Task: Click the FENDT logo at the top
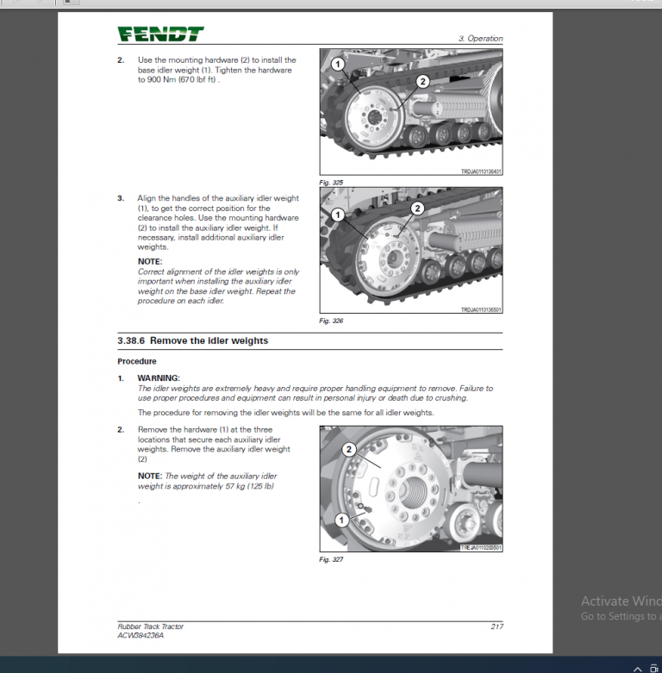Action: click(161, 34)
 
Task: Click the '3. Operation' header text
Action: click(480, 39)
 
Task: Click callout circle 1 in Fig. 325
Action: click(337, 65)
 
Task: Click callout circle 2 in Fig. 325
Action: click(422, 82)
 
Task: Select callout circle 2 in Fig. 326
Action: click(417, 208)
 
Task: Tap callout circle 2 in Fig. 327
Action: click(349, 449)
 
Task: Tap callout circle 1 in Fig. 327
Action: click(342, 520)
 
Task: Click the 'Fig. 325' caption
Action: click(331, 183)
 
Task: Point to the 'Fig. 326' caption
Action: click(331, 321)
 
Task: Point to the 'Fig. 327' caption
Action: click(331, 559)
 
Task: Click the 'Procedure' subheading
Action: click(137, 361)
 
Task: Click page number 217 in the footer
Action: click(496, 626)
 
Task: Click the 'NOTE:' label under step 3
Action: click(150, 261)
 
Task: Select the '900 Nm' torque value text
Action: click(159, 79)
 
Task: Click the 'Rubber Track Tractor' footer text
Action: click(151, 626)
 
